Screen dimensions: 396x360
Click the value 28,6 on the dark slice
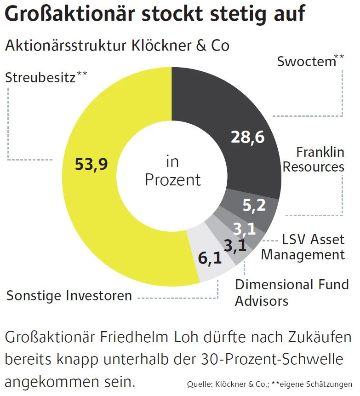tap(247, 137)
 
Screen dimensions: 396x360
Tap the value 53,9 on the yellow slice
tap(91, 164)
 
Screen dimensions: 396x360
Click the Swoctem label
tap(307, 61)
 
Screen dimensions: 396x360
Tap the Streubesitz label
tap(41, 77)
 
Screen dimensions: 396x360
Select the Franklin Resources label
tap(314, 159)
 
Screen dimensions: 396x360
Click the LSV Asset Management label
tap(303, 247)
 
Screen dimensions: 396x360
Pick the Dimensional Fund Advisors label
tap(292, 293)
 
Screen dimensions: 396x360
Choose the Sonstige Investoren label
tap(69, 295)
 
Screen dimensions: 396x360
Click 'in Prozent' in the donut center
tap(172, 171)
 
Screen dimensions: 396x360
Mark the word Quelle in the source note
tap(198, 384)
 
